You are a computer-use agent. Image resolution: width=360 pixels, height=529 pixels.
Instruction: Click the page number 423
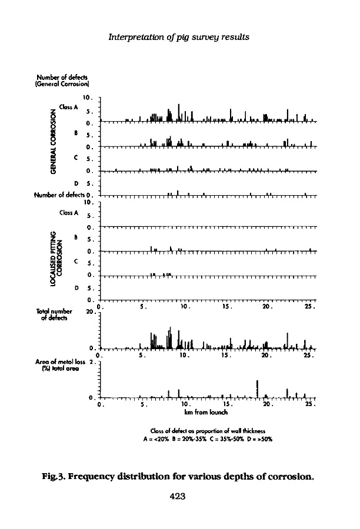point(178,496)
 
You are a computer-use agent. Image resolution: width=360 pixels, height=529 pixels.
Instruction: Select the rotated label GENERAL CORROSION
point(54,143)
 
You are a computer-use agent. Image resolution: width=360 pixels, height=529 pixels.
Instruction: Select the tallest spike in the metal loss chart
point(258,389)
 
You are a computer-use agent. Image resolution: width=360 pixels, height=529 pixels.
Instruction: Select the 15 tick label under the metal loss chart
point(224,406)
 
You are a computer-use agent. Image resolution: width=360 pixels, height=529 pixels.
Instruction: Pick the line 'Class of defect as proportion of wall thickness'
point(208,430)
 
